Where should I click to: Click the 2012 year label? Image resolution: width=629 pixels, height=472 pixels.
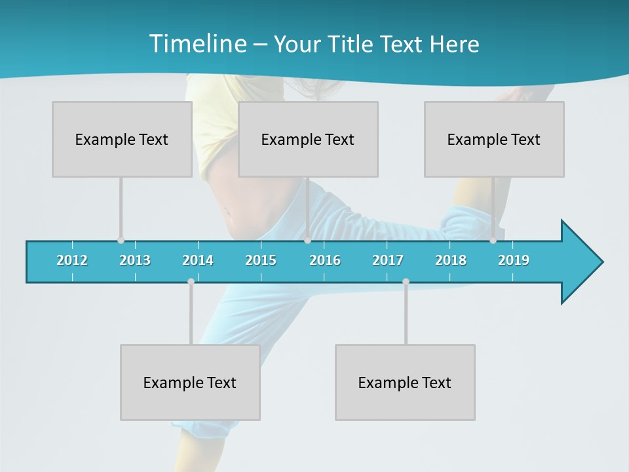(x=72, y=260)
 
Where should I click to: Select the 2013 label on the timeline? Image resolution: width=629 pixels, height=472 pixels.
(x=135, y=260)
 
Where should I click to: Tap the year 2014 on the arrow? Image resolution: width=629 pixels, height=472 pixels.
(x=198, y=260)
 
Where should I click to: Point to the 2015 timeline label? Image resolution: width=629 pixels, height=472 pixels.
(x=261, y=260)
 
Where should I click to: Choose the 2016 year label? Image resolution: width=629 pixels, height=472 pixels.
(x=325, y=260)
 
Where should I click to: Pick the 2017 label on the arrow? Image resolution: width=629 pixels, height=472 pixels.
(x=388, y=260)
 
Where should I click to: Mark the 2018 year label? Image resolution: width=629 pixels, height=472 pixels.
(x=451, y=260)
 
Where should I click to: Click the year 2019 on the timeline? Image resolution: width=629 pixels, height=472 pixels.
(x=514, y=260)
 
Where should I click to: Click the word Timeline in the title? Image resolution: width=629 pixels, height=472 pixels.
(x=197, y=44)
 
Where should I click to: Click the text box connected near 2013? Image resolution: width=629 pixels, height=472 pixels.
(x=122, y=139)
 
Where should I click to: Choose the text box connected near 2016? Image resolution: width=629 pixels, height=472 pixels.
(x=308, y=139)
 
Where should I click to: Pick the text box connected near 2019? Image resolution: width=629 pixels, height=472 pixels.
(x=494, y=139)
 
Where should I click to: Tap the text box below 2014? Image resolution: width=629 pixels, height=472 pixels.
(x=190, y=382)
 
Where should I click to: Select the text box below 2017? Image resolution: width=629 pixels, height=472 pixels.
(x=405, y=382)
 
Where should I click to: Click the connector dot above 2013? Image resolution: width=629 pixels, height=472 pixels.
(x=121, y=241)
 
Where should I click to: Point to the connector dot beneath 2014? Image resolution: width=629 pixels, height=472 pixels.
(x=191, y=282)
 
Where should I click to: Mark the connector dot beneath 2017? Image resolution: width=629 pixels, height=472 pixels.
(x=406, y=282)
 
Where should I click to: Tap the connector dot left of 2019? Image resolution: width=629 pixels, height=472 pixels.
(x=493, y=241)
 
